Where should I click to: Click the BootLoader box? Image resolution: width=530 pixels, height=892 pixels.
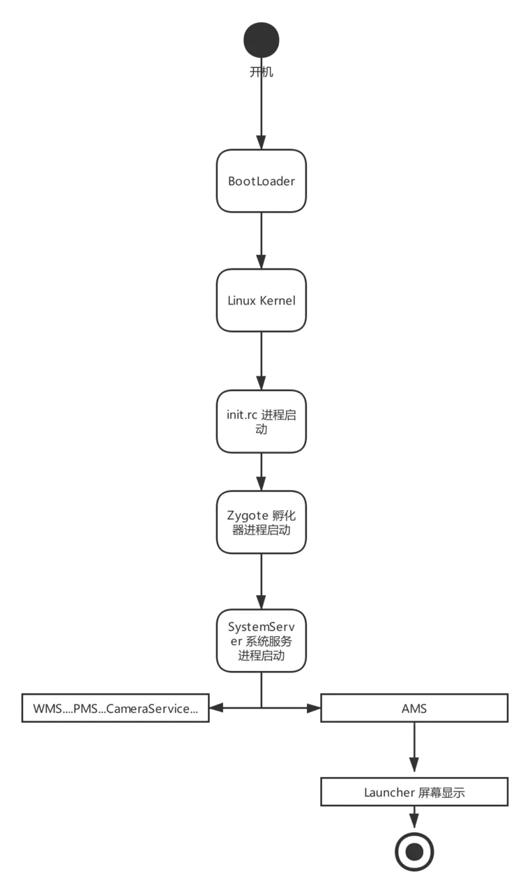tap(262, 181)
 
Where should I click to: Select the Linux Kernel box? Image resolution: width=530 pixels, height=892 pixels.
tap(262, 300)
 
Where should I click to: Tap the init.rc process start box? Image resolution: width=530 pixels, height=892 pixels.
tap(262, 422)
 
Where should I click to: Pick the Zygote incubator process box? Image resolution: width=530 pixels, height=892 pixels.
tap(262, 523)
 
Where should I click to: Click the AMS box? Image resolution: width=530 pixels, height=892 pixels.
tap(414, 709)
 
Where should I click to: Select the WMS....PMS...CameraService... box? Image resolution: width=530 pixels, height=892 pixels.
tap(115, 709)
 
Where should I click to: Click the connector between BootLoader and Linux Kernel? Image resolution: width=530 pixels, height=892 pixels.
tap(262, 240)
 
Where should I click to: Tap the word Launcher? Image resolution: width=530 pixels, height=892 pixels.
tap(389, 792)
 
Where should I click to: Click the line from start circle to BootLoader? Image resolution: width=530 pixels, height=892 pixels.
tap(262, 111)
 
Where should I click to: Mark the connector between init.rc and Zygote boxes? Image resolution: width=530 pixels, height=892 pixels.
tap(262, 475)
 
